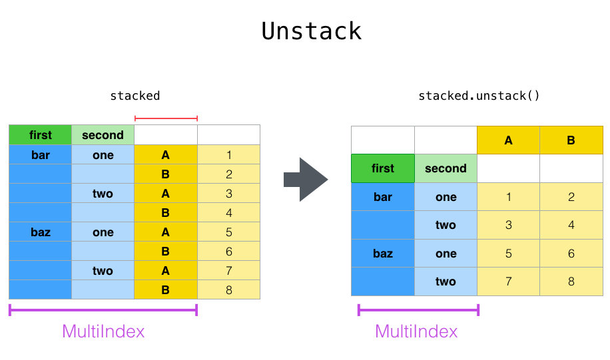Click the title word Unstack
pos(311,31)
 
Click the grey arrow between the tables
pos(306,179)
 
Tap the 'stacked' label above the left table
pos(135,95)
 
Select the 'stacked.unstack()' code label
pos(479,95)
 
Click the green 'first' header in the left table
pos(40,135)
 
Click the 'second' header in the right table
pos(446,168)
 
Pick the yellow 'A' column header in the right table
pos(508,140)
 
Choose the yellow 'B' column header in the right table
pos(571,140)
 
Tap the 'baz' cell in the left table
pos(40,232)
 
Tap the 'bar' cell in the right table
pos(383,197)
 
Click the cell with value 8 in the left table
pos(228,290)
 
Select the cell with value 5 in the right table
pos(508,254)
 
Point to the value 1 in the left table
pos(228,155)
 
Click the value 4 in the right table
pos(571,225)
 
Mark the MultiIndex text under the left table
pos(103,331)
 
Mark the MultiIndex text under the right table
pos(416,331)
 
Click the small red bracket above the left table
pos(166,118)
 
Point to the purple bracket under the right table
pos(418,309)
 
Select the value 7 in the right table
pos(508,281)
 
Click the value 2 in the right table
pos(571,197)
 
